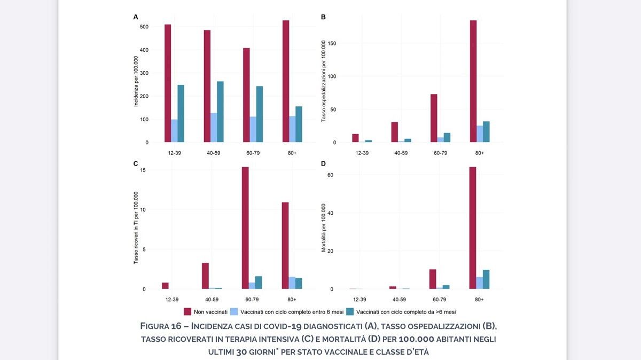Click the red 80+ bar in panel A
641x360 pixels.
point(286,81)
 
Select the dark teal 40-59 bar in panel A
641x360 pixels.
point(220,112)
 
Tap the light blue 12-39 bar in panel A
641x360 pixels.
point(174,131)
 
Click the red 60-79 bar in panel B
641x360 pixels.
point(434,118)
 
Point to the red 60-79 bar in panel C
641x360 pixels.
point(245,228)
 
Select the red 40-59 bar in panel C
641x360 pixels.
point(205,276)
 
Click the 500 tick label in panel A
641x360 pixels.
point(144,27)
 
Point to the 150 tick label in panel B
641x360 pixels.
point(332,43)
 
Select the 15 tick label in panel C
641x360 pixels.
point(142,170)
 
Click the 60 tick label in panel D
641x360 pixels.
point(331,175)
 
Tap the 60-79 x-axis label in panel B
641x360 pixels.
point(440,153)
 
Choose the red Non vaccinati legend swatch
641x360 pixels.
point(187,311)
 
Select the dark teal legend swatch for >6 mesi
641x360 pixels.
point(350,311)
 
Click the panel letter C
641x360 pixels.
point(136,163)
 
